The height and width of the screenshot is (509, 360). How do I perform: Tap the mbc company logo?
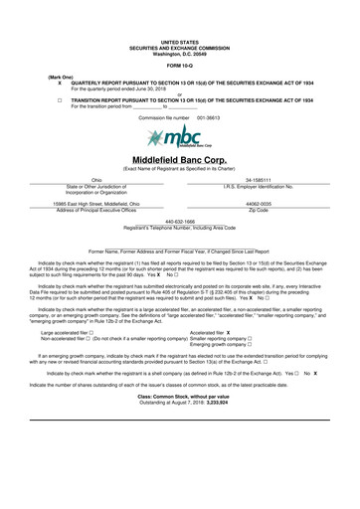coord(179,136)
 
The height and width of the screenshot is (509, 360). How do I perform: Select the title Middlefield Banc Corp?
coord(180,159)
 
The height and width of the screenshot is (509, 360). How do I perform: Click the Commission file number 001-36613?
coord(180,117)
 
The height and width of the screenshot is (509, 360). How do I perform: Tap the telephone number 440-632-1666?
coord(180,222)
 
